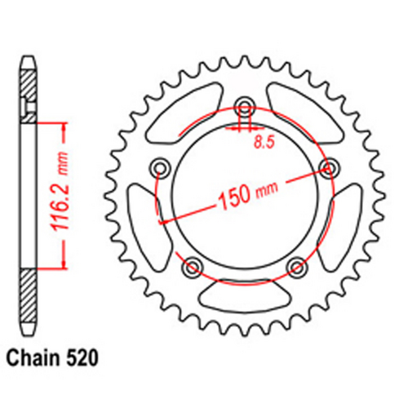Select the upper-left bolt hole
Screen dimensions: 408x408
[x=159, y=168]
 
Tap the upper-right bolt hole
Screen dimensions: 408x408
[x=330, y=168]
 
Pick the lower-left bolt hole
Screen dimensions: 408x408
[x=193, y=265]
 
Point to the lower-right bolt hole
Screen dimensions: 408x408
[x=297, y=265]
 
